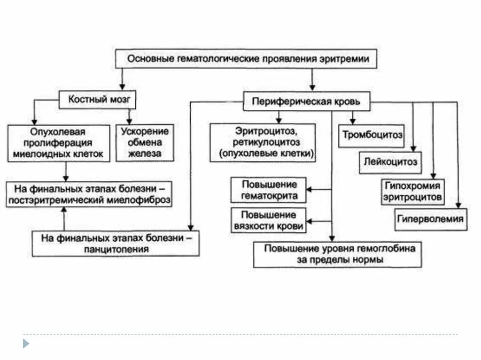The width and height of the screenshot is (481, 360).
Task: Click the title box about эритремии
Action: pos(246,59)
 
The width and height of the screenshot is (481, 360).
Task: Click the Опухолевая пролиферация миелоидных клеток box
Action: pos(59,143)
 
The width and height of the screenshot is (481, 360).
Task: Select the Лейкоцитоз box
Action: pos(391,163)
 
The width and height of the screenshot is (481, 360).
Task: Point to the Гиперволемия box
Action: pos(430,219)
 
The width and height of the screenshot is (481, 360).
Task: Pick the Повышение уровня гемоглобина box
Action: pos(336,254)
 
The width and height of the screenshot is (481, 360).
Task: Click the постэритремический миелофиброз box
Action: pos(88,195)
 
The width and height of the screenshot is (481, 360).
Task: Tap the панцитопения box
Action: pos(115,243)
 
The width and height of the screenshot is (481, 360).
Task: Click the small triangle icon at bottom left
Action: pos(26,344)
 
